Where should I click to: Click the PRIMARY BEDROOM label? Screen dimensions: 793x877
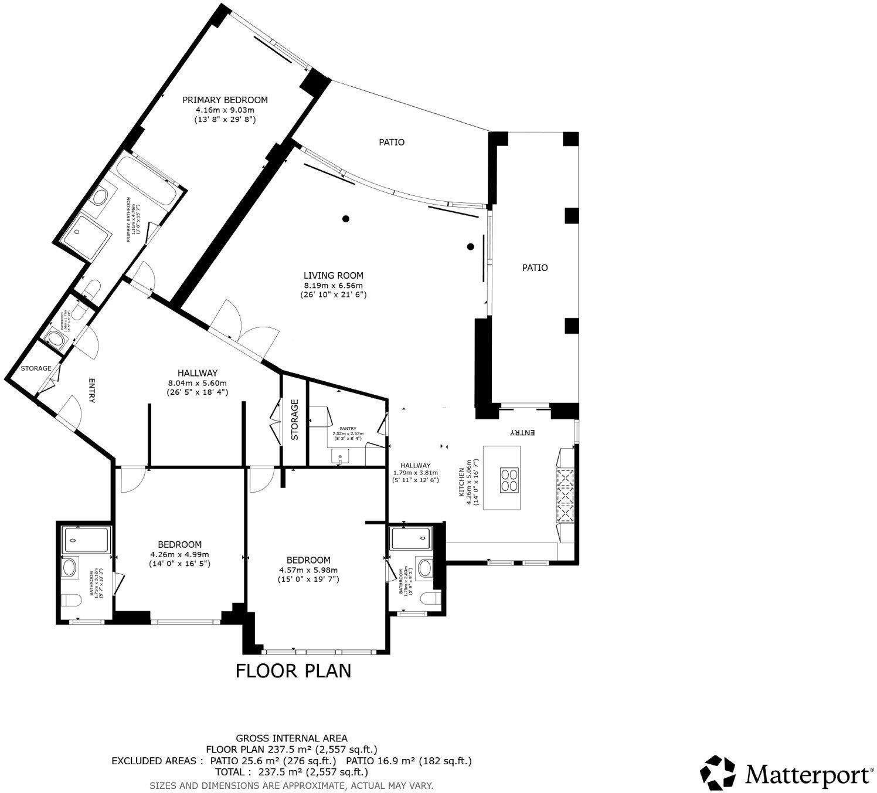tap(225, 100)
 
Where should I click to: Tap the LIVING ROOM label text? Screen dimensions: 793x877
tap(333, 275)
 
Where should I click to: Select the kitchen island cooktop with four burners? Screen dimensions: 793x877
tap(509, 479)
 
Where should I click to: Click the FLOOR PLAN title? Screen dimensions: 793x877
tap(293, 670)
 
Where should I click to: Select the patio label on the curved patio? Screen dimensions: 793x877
tap(391, 142)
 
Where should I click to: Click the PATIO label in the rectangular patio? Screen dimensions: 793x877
tap(535, 267)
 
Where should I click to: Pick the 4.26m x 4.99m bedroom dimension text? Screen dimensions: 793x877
tap(179, 554)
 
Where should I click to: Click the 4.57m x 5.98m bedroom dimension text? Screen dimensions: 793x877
tap(308, 570)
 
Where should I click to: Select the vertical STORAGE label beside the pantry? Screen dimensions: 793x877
tap(295, 420)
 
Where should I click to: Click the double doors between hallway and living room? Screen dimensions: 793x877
tap(242, 327)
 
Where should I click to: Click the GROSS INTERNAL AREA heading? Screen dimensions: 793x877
tap(291, 738)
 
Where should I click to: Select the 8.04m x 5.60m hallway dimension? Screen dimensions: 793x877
tap(197, 382)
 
